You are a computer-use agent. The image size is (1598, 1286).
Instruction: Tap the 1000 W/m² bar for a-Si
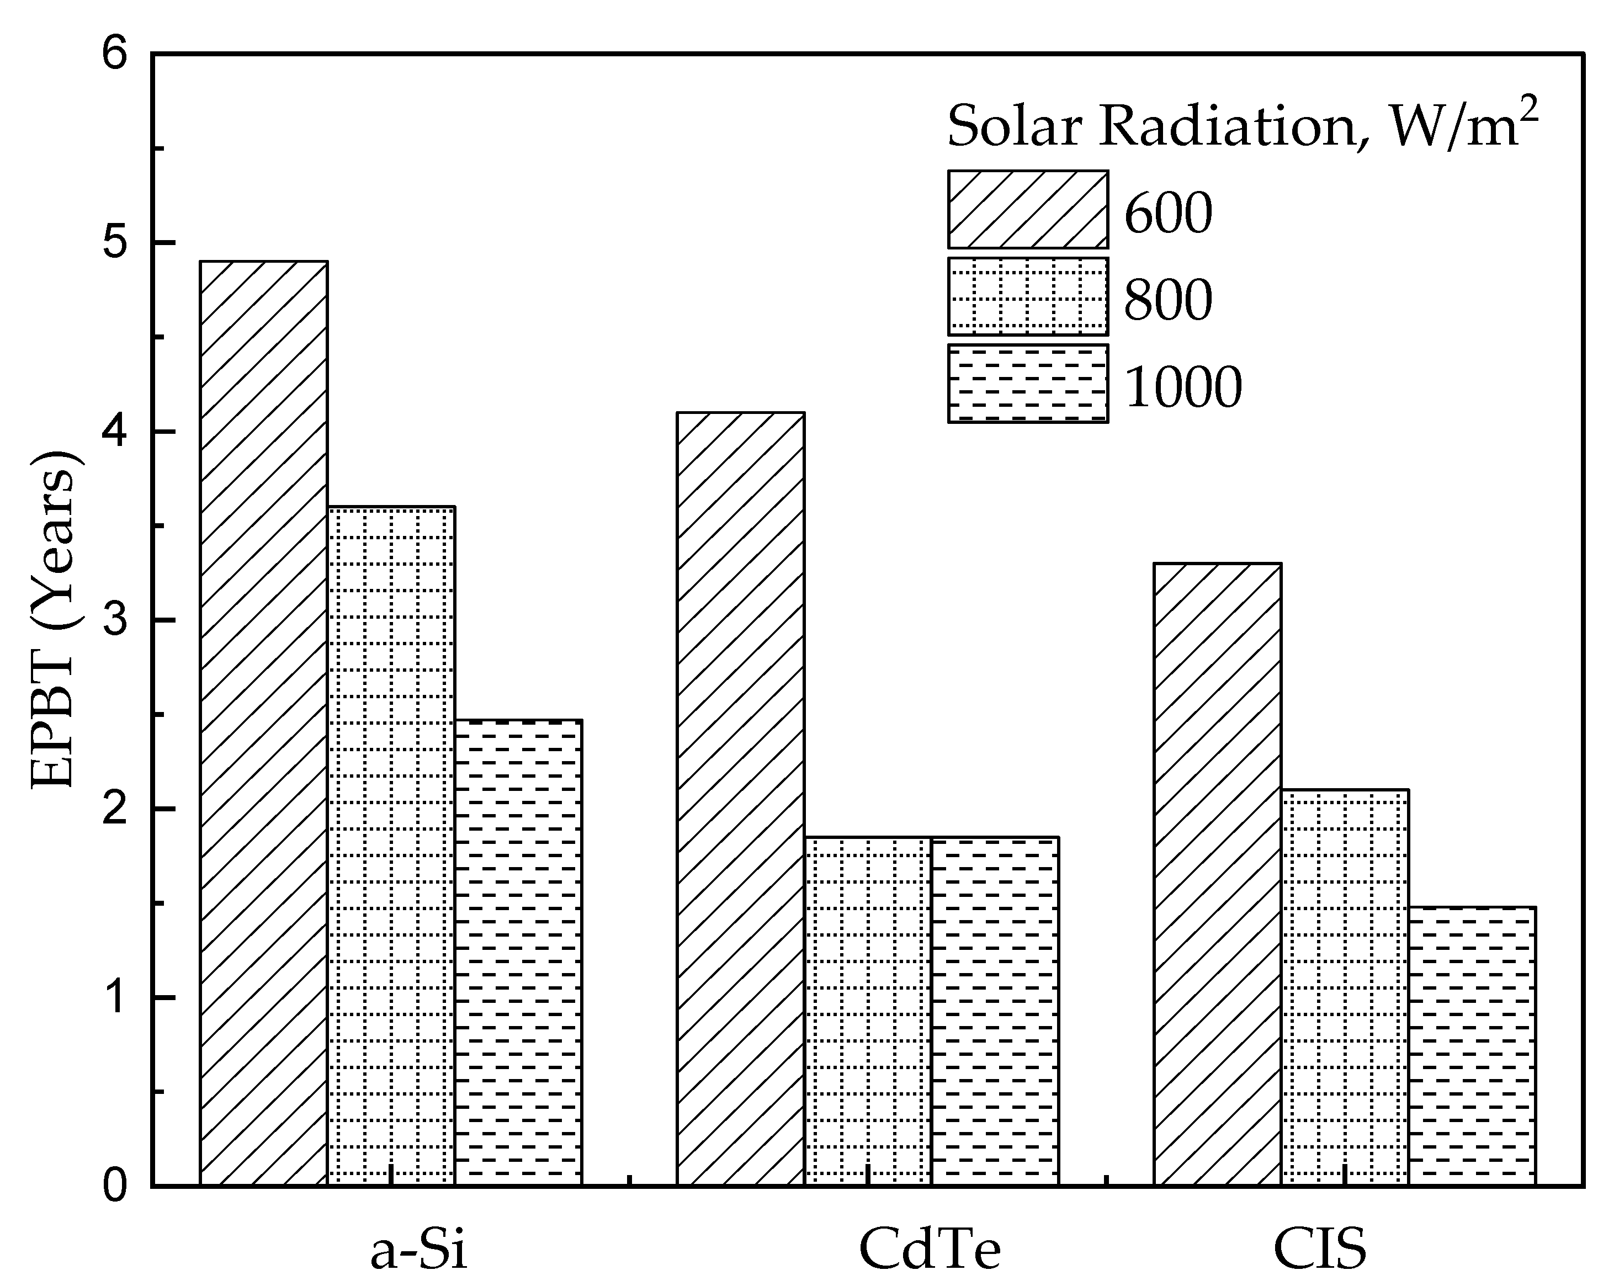[x=518, y=953]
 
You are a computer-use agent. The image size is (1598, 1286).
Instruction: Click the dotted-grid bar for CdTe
[x=868, y=1011]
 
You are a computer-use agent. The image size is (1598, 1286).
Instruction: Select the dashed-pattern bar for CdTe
[x=995, y=1011]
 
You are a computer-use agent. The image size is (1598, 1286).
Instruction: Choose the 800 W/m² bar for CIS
[x=1345, y=987]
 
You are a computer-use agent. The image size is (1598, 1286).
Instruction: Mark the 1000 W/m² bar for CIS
[x=1471, y=1046]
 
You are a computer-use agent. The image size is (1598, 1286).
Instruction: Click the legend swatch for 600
[x=1028, y=210]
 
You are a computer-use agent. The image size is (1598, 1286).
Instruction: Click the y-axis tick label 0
[x=115, y=1187]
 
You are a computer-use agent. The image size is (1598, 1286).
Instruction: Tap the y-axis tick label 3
[x=115, y=621]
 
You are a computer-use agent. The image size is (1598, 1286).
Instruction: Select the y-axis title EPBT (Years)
[x=54, y=619]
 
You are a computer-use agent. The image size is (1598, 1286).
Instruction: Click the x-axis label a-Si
[x=419, y=1251]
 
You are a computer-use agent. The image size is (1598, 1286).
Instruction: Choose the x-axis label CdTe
[x=930, y=1251]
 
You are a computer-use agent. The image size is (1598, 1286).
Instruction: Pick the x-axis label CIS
[x=1320, y=1251]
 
